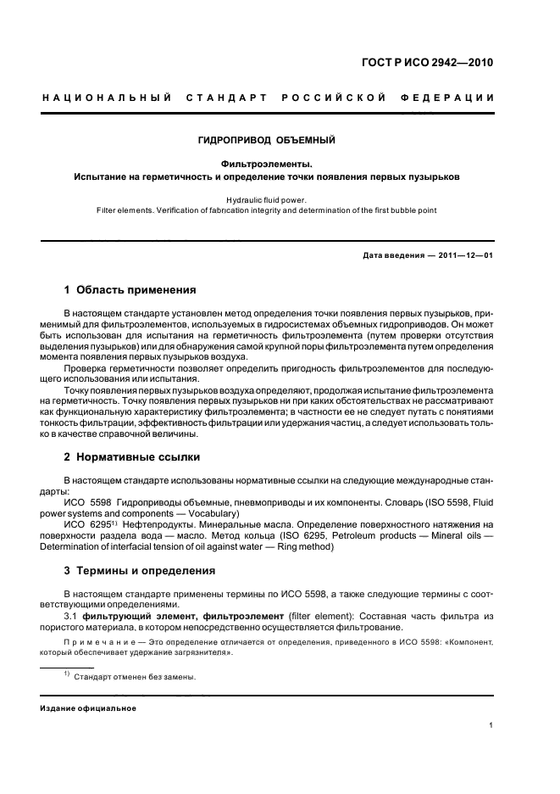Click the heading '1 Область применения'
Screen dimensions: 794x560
tap(130, 289)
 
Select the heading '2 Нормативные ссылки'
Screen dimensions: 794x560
tap(132, 457)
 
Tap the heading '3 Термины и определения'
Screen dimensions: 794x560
tap(140, 571)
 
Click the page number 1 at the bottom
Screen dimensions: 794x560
tap(492, 725)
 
